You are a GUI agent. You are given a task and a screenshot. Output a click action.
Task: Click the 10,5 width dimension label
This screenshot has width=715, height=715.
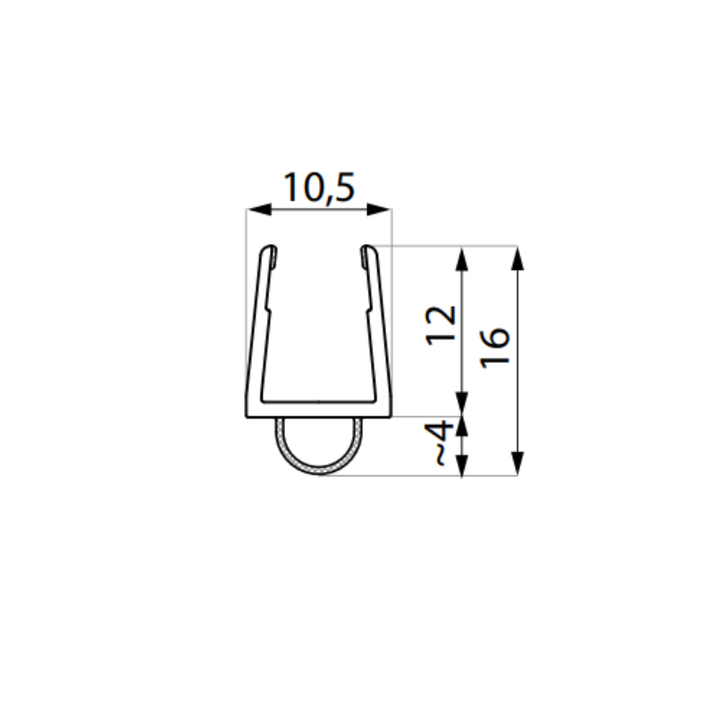tap(319, 188)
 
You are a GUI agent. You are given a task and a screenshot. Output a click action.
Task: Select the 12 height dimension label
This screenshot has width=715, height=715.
tap(441, 325)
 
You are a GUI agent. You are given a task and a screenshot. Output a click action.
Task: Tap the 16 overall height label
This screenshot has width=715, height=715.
tap(495, 348)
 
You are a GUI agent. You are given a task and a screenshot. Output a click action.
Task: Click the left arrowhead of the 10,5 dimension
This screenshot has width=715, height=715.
tap(259, 209)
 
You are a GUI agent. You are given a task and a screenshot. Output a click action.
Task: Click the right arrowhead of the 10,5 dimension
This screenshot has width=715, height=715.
tap(379, 209)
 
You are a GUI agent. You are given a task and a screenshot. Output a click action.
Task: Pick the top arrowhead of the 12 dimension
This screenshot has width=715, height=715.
tap(462, 259)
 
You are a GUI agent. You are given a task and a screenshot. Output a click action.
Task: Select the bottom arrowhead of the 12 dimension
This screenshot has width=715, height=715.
tap(462, 404)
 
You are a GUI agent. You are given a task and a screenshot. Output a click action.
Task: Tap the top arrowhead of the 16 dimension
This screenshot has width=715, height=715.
tap(517, 258)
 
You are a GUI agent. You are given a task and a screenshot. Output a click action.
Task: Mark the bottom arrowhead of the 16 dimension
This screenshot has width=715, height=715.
tap(517, 463)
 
